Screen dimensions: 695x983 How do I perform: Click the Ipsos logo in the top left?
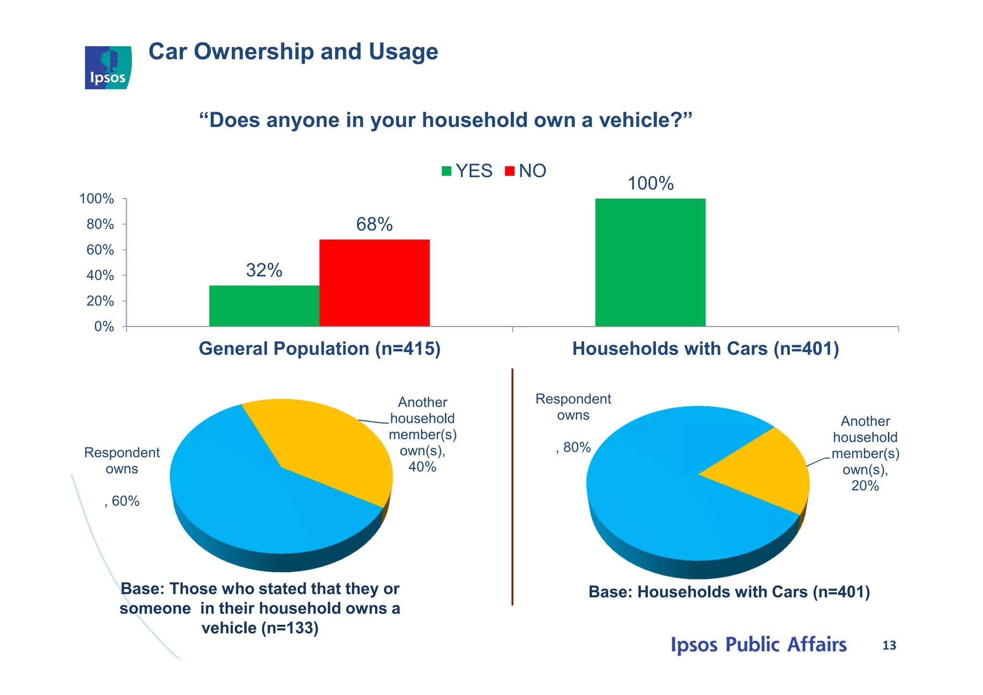[x=108, y=68]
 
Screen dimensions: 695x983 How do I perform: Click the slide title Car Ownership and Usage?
[x=293, y=52]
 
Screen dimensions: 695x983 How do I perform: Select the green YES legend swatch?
[x=446, y=171]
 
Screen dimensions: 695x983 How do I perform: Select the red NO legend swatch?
[x=510, y=171]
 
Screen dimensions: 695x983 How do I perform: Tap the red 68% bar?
[x=374, y=283]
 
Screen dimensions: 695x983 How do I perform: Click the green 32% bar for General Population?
[x=264, y=306]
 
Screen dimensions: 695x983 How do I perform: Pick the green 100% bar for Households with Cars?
[x=650, y=262]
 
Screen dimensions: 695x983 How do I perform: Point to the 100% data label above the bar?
[x=650, y=183]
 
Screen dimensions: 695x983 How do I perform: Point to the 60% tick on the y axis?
[x=100, y=250]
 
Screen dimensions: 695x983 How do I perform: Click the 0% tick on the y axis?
[x=104, y=327]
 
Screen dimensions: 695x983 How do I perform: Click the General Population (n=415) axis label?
[x=319, y=349]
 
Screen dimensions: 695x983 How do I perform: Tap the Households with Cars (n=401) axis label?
[x=705, y=349]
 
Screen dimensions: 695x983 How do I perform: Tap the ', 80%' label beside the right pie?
[x=573, y=447]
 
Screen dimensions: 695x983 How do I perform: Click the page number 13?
[x=889, y=646]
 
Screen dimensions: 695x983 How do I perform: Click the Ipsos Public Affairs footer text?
[x=758, y=645]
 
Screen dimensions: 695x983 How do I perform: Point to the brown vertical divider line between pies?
[x=512, y=485]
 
